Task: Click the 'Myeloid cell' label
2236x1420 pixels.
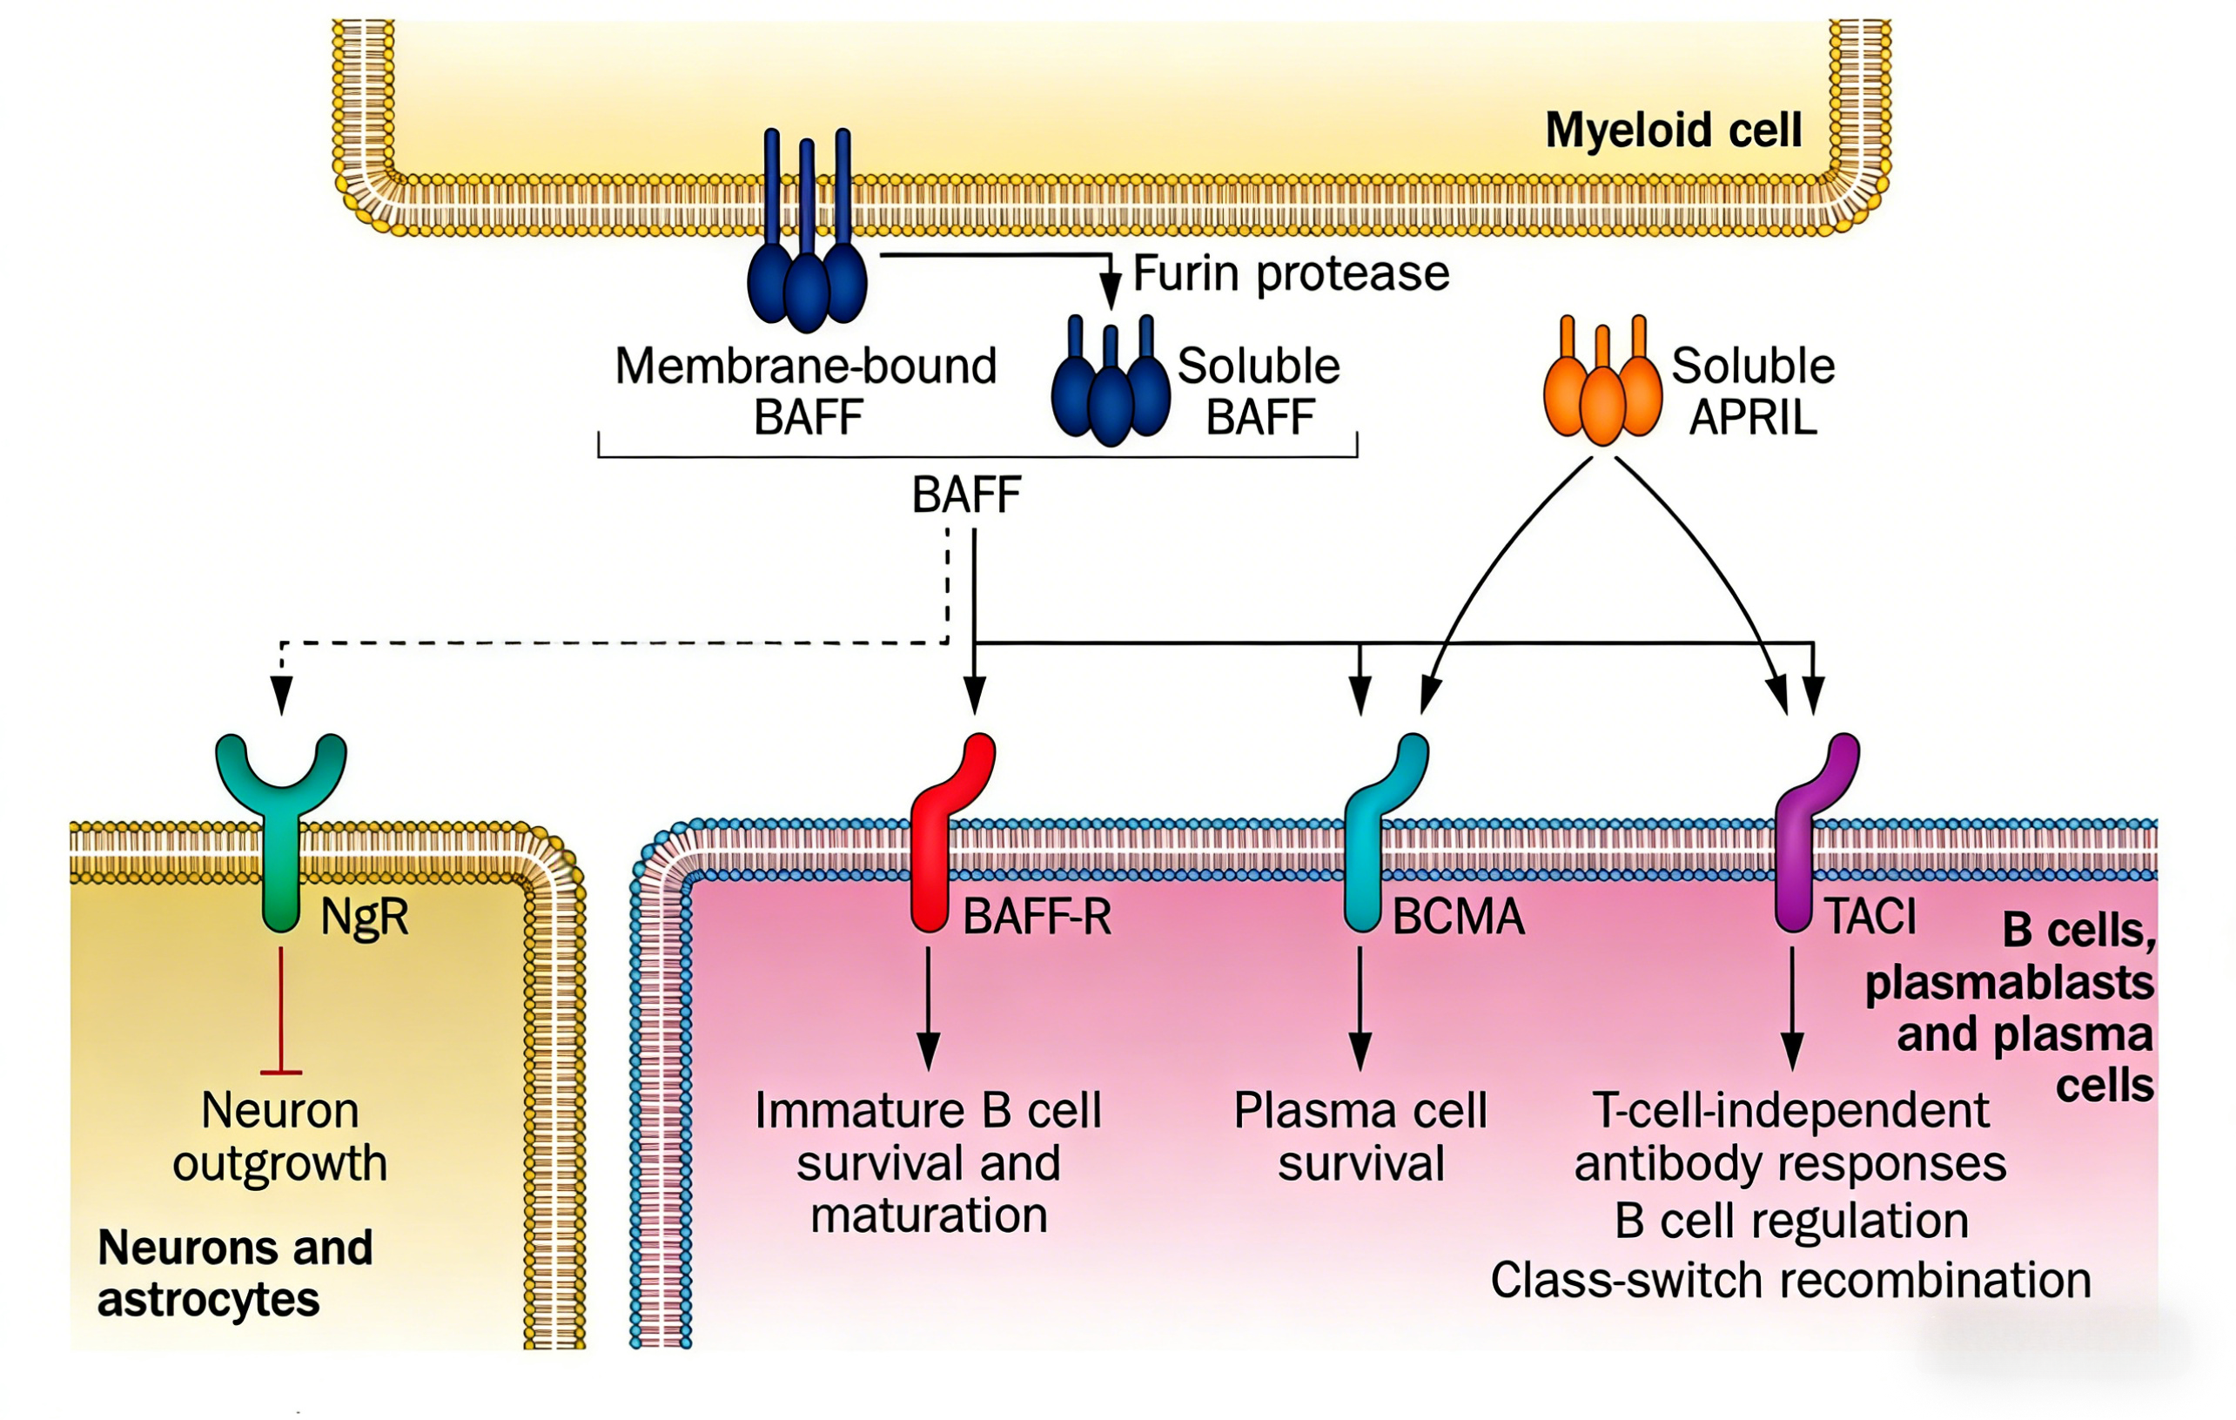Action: click(x=1673, y=130)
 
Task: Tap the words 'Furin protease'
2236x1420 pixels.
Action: click(x=1291, y=274)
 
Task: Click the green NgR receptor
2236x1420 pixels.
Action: click(x=281, y=818)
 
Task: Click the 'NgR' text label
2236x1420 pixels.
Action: click(x=364, y=918)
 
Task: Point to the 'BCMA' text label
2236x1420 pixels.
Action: click(x=1458, y=918)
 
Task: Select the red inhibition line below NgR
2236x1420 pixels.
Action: click(x=281, y=1013)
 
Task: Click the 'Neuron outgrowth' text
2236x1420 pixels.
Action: click(x=279, y=1137)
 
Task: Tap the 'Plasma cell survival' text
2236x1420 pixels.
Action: click(x=1360, y=1137)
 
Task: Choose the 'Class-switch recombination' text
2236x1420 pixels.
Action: click(x=1790, y=1281)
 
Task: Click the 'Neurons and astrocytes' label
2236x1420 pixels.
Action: click(x=234, y=1273)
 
